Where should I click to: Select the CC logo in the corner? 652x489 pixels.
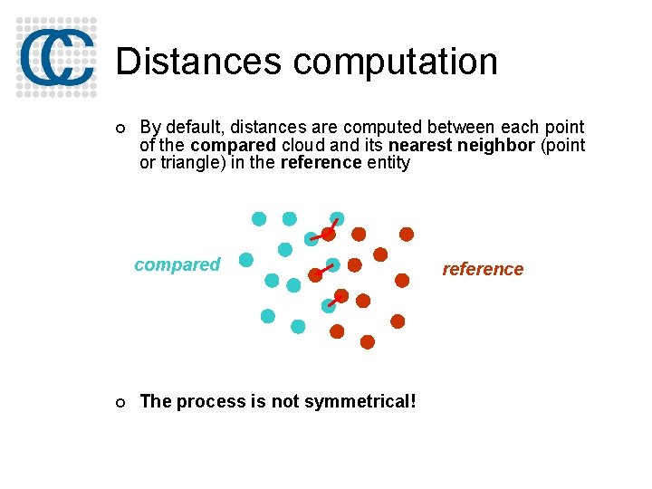click(x=56, y=55)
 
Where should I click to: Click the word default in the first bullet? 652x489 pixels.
click(x=192, y=128)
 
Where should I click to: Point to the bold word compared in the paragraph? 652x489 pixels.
click(x=233, y=146)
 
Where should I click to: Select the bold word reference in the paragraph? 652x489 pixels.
click(x=321, y=163)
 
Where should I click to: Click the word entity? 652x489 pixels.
click(x=388, y=163)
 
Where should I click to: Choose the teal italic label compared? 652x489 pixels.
click(x=177, y=264)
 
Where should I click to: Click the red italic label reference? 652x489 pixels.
click(x=482, y=269)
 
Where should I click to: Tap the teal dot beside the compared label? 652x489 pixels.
click(x=245, y=260)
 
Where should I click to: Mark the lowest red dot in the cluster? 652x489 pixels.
click(x=368, y=341)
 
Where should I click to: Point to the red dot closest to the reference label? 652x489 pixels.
click(x=403, y=279)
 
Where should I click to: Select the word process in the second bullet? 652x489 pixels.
click(x=206, y=401)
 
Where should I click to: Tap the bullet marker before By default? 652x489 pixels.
click(x=121, y=129)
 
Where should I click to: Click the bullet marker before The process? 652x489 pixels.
click(x=121, y=402)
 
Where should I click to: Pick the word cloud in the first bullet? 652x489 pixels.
click(x=302, y=146)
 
